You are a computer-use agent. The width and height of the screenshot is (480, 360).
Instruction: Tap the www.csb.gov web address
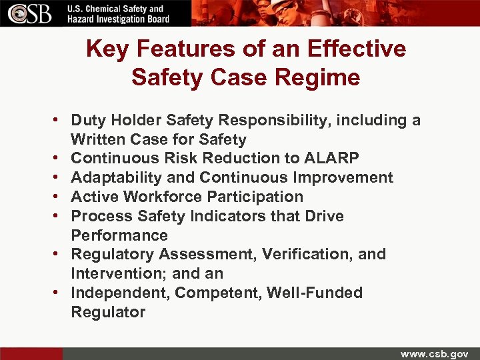[x=434, y=353]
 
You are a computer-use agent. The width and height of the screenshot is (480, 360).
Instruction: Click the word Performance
[x=119, y=235]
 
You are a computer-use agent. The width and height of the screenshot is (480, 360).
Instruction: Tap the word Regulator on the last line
[x=108, y=312]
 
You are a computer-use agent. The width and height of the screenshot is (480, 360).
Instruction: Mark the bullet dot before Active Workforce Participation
[x=59, y=197]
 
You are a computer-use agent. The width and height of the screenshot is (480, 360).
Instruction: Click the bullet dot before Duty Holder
[x=59, y=120]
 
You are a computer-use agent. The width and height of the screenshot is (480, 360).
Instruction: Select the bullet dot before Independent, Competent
[x=59, y=293]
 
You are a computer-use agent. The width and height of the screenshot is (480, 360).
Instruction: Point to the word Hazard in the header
[x=83, y=19]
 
